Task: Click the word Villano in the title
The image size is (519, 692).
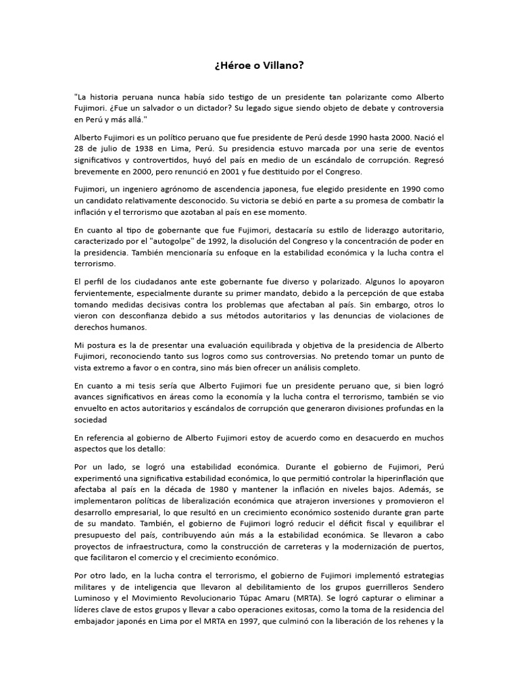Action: (285, 66)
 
